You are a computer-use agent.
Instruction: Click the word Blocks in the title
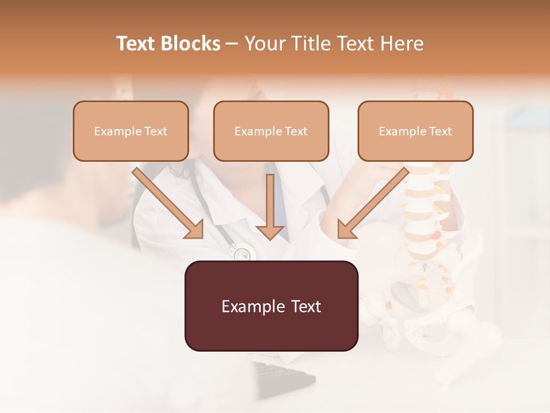(x=190, y=44)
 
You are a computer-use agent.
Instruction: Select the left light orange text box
(x=131, y=131)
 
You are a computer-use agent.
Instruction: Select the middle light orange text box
(x=271, y=131)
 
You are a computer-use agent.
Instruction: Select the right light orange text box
(x=415, y=131)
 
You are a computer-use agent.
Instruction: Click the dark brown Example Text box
(x=271, y=306)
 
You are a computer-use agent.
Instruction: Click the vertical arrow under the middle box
(x=270, y=206)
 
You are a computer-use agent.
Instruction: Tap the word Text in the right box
(x=440, y=131)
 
